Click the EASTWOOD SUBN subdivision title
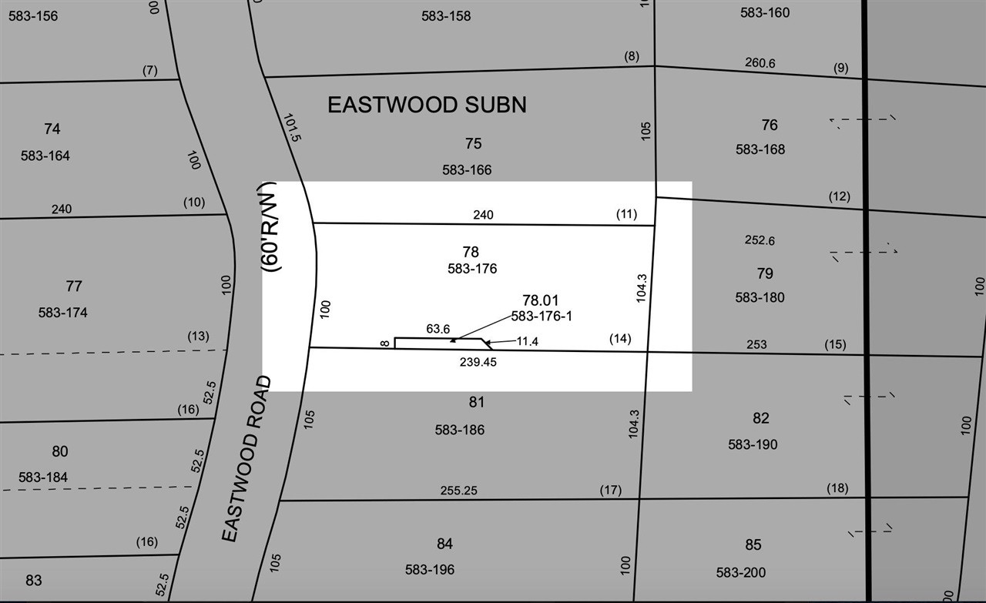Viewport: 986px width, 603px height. (427, 105)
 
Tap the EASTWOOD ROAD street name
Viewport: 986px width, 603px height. (246, 459)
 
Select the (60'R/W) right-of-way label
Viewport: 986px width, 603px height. (269, 226)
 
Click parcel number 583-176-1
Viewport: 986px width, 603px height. (542, 317)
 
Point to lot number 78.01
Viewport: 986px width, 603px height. (540, 300)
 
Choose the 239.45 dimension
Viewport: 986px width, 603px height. (478, 362)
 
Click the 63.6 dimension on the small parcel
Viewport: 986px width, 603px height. (438, 329)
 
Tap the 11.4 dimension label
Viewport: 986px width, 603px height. (527, 341)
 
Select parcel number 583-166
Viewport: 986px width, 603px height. (467, 169)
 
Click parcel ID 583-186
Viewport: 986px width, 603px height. (460, 430)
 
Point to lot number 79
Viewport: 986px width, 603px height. (764, 273)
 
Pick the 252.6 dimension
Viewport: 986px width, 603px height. (760, 241)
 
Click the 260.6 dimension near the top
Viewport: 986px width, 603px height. (760, 63)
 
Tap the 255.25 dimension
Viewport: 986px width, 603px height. (459, 490)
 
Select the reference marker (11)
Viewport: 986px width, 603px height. (626, 213)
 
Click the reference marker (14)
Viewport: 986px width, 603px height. (619, 338)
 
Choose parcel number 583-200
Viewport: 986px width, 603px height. (741, 573)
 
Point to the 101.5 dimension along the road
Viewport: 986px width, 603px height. (291, 127)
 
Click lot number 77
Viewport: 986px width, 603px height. (74, 286)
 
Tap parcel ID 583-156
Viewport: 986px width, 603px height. (33, 15)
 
